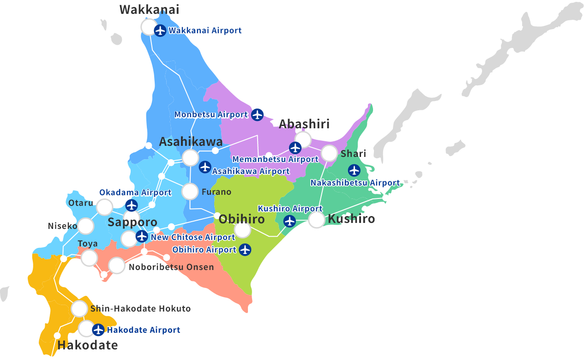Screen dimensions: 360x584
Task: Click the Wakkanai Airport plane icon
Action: (160, 31)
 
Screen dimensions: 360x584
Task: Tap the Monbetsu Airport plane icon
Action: (257, 114)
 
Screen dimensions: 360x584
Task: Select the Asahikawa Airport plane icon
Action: (205, 167)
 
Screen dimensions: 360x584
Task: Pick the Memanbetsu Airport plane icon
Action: (295, 148)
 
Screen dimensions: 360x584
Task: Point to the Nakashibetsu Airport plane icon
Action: (354, 170)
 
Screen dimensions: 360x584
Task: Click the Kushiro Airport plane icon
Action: (289, 221)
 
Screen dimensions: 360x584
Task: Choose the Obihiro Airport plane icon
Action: (245, 250)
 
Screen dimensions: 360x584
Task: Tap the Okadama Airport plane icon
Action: (132, 205)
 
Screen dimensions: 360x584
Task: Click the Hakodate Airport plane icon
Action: (98, 330)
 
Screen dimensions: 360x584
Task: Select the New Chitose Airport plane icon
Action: (142, 237)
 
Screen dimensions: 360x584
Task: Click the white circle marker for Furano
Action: (190, 192)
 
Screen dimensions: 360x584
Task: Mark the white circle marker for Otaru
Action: (105, 207)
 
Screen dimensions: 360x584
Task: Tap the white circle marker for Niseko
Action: (86, 226)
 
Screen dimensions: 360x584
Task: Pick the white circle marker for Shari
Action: (330, 153)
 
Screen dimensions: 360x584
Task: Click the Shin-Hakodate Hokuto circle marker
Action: (79, 308)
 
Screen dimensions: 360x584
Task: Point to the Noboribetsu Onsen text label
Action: (171, 267)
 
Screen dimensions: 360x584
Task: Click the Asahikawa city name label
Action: (191, 142)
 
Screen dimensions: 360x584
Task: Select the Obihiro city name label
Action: (241, 219)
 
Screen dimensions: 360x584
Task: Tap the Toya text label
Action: (87, 244)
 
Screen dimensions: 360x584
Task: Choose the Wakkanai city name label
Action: (149, 9)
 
